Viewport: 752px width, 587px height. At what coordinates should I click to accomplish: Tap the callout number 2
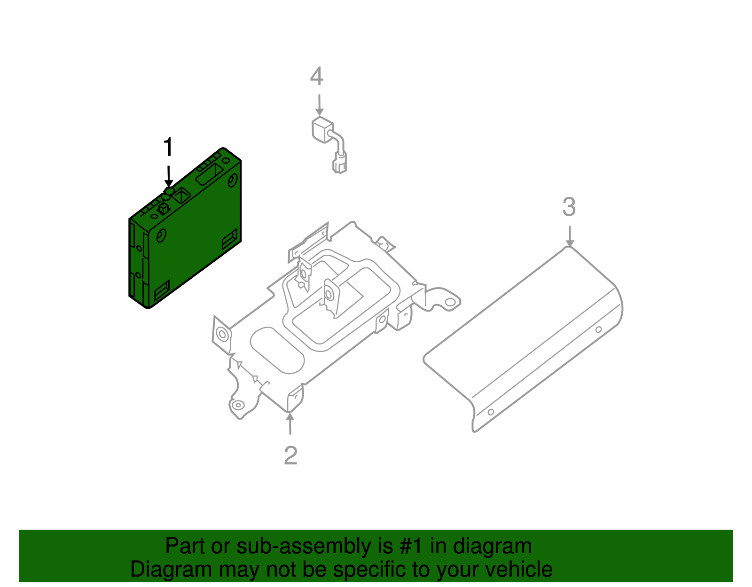click(x=290, y=455)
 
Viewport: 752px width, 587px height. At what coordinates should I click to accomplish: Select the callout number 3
click(x=569, y=207)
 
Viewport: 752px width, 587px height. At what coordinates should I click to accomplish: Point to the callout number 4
click(x=317, y=77)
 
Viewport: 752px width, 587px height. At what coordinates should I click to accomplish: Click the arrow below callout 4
click(x=319, y=105)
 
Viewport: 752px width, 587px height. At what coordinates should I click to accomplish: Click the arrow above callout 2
click(x=290, y=423)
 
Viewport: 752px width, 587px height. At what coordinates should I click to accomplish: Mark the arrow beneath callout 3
click(x=569, y=236)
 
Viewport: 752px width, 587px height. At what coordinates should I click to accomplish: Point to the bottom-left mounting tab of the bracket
click(x=237, y=405)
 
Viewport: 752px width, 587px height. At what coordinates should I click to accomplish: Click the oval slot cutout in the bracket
click(x=277, y=350)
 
